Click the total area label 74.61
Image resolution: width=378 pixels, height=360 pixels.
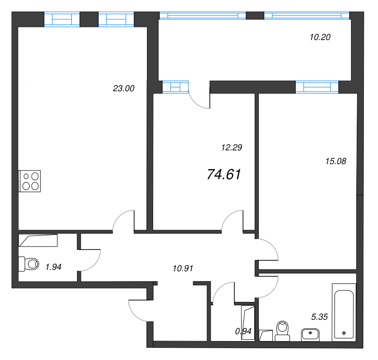[224, 175]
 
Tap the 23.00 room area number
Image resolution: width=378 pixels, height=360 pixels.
[124, 88]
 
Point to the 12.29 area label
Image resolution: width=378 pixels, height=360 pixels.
[232, 147]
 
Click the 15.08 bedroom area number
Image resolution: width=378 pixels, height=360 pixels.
[336, 161]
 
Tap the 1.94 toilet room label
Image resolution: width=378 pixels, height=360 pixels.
[53, 267]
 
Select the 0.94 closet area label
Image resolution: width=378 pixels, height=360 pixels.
[243, 331]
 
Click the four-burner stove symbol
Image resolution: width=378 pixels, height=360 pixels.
[30, 181]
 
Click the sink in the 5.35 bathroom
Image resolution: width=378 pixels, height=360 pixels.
[310, 334]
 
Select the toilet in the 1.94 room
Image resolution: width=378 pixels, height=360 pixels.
[28, 264]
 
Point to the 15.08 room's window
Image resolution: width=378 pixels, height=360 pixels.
[317, 86]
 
